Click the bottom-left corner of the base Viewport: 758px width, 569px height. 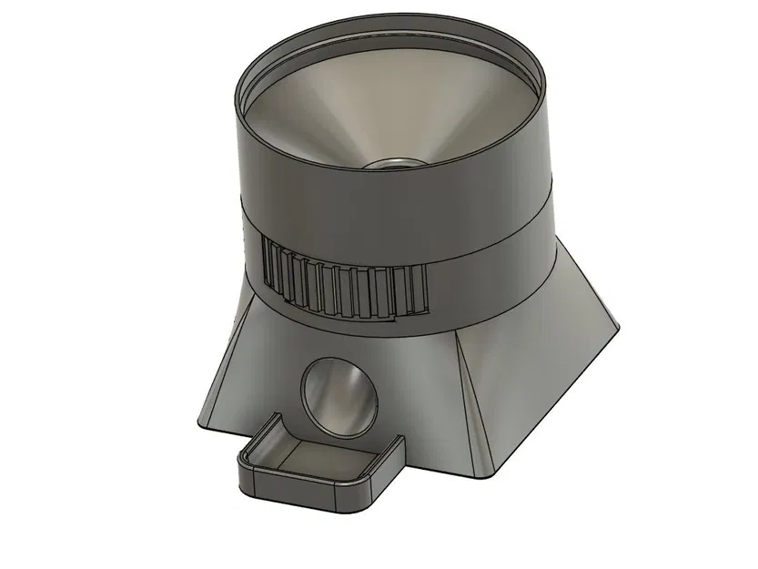(x=199, y=424)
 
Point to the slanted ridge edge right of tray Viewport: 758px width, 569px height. (x=473, y=401)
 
